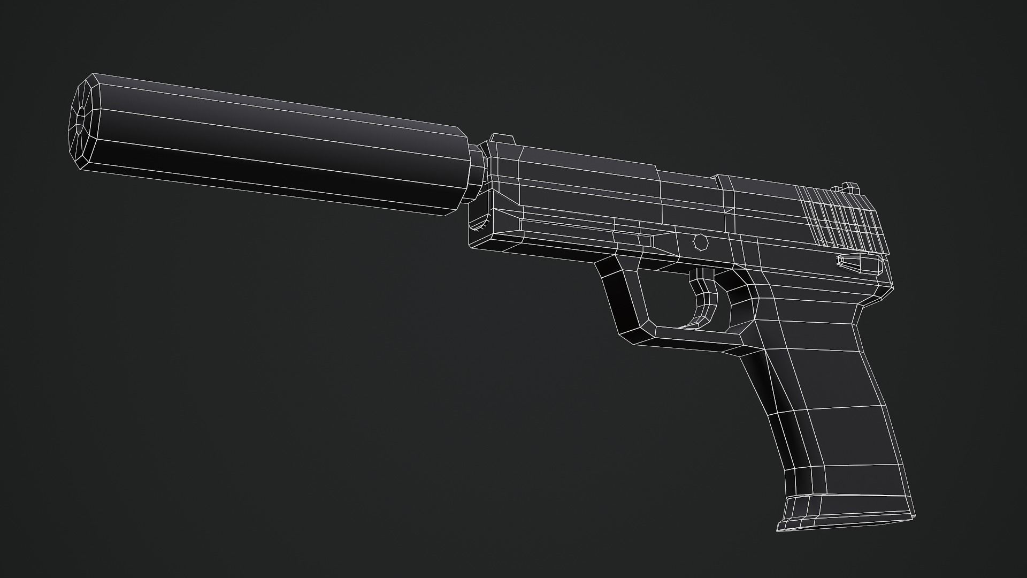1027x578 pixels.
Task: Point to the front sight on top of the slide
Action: [503, 139]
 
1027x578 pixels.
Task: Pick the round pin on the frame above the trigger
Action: [700, 242]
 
